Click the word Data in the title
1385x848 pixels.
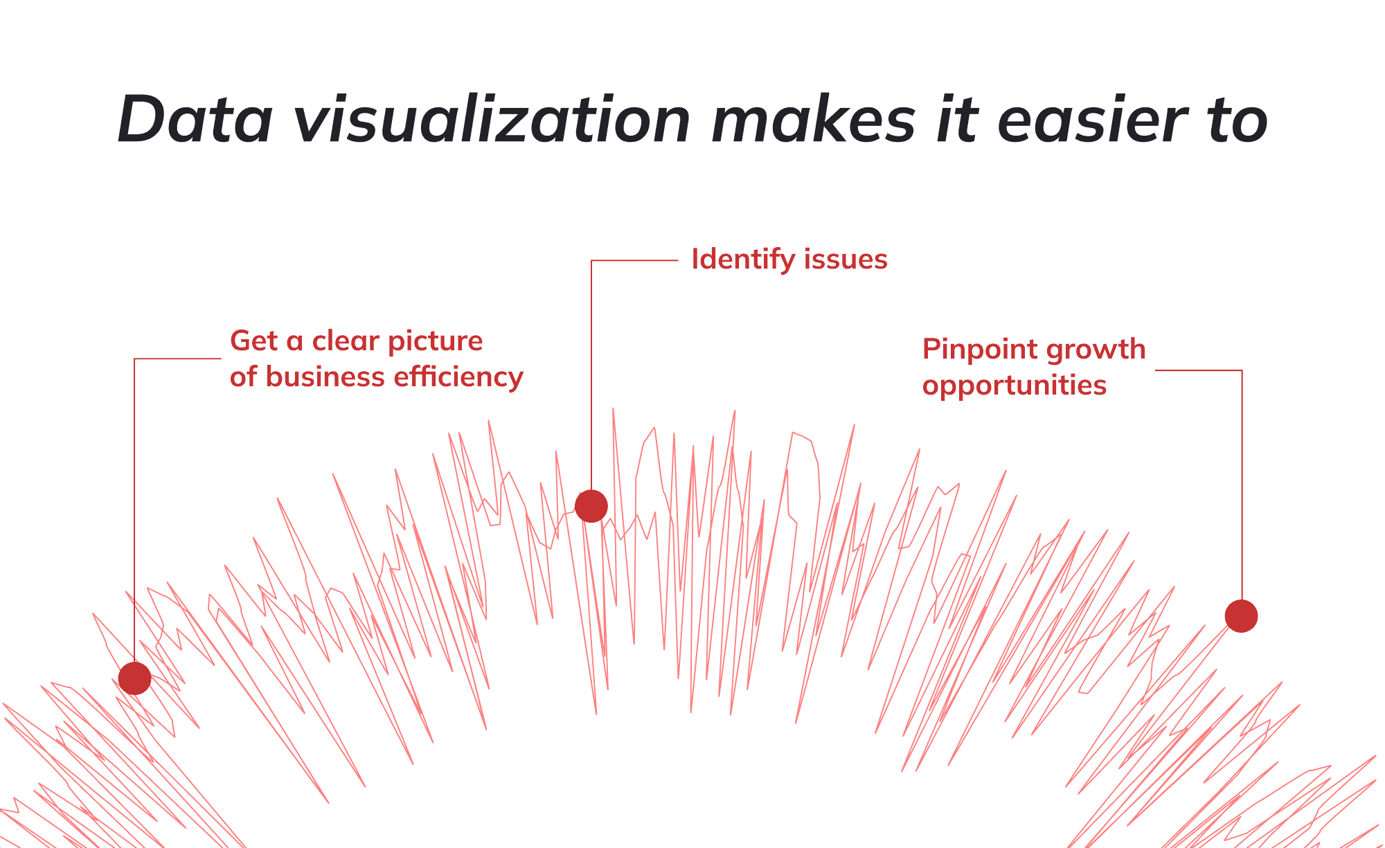(195, 119)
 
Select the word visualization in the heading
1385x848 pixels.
(492, 119)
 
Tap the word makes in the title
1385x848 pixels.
(814, 119)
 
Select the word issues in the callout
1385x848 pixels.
(846, 260)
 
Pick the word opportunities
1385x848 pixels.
(1015, 386)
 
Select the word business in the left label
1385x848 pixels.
(325, 377)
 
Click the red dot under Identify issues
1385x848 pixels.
(591, 506)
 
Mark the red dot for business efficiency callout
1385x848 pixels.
(135, 678)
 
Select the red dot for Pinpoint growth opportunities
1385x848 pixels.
(1241, 615)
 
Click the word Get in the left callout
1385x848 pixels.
(253, 341)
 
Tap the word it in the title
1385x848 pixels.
(957, 119)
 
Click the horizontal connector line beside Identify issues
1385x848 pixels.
(634, 260)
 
